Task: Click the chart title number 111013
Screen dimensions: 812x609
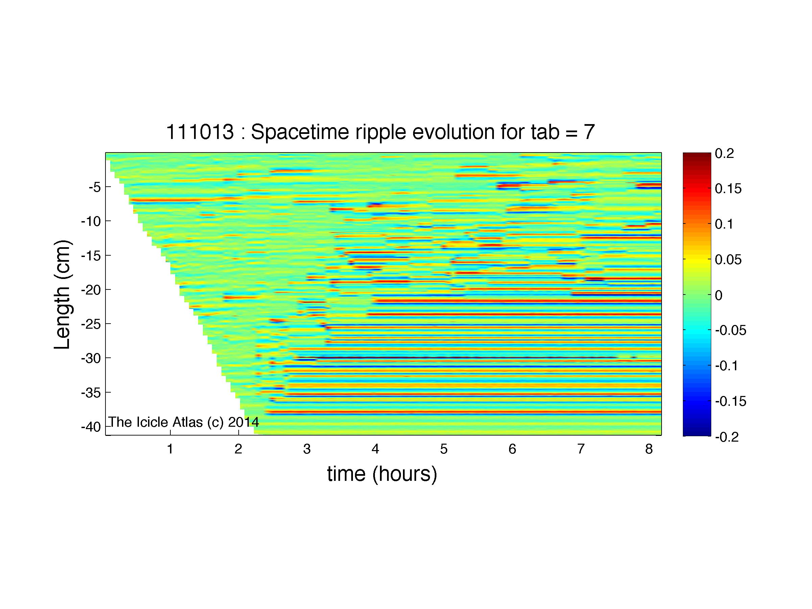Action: point(200,132)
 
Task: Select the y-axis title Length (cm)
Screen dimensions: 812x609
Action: point(63,295)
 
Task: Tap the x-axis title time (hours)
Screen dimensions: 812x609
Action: point(382,474)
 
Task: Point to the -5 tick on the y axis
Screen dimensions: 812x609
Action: point(94,188)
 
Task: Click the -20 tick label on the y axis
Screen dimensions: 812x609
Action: point(91,290)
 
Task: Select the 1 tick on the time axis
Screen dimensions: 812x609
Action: point(170,449)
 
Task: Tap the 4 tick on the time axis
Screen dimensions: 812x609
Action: point(375,449)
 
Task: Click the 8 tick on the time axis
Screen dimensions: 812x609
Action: point(649,449)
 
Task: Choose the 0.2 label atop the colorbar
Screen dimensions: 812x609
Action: point(724,154)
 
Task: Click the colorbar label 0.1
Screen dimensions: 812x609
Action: point(724,224)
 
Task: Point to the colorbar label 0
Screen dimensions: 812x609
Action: point(719,295)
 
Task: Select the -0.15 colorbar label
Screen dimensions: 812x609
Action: point(731,401)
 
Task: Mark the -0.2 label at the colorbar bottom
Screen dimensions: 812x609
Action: point(727,437)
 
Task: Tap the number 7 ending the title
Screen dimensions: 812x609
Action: point(589,132)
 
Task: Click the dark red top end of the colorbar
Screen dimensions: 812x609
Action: point(697,155)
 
